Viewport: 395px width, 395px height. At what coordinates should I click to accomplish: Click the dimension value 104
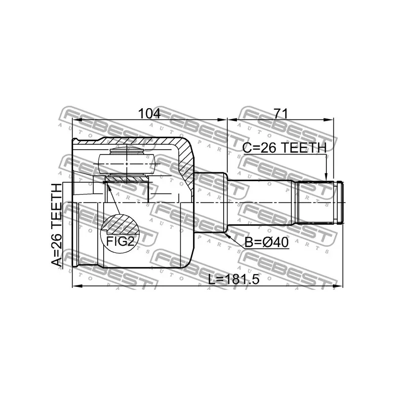pyautogui.click(x=149, y=114)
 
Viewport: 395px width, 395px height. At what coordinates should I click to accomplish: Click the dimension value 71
pyautogui.click(x=280, y=114)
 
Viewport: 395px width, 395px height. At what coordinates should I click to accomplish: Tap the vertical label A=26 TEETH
pyautogui.click(x=58, y=225)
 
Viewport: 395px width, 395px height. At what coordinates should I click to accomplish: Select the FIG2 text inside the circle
pyautogui.click(x=120, y=241)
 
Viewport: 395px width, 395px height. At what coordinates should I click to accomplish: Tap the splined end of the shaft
pyautogui.click(x=316, y=202)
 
